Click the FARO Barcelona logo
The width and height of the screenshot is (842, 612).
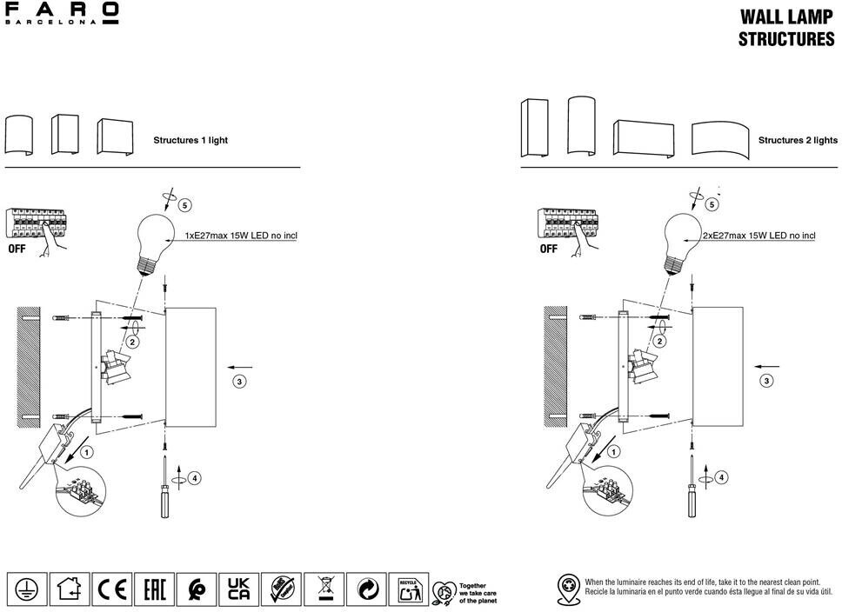click(x=62, y=15)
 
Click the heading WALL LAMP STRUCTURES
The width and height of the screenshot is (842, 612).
click(x=786, y=28)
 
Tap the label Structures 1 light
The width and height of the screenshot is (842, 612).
click(x=190, y=140)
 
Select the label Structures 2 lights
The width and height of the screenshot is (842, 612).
click(x=798, y=140)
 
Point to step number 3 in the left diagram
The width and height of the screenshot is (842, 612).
click(x=239, y=381)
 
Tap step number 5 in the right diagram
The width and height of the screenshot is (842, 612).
click(x=712, y=204)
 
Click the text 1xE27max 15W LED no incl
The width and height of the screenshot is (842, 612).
click(x=241, y=236)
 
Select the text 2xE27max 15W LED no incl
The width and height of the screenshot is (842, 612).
click(x=758, y=236)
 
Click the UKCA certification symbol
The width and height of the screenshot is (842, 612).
click(x=238, y=589)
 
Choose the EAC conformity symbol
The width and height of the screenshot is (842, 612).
click(x=155, y=589)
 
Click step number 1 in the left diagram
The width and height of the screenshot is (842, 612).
click(x=86, y=452)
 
